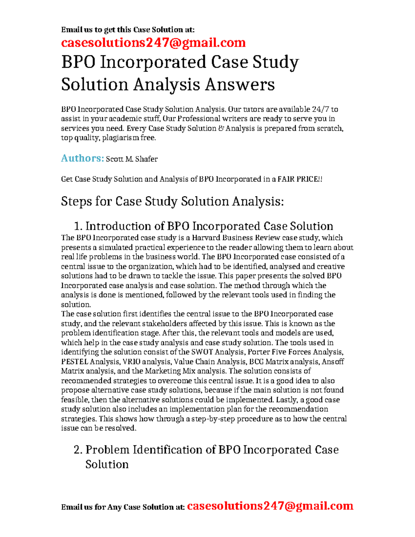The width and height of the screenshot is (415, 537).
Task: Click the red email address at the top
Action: [153, 43]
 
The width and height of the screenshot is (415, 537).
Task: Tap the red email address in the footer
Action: [270, 506]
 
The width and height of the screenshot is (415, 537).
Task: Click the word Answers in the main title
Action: [240, 84]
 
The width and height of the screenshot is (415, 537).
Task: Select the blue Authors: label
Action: [82, 158]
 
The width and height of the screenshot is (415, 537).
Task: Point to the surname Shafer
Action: [146, 159]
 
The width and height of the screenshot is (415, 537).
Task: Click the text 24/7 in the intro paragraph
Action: [320, 109]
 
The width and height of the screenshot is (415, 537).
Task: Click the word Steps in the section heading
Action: [76, 201]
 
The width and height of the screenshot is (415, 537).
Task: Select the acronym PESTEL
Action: [74, 362]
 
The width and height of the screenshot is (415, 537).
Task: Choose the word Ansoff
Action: [333, 362]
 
